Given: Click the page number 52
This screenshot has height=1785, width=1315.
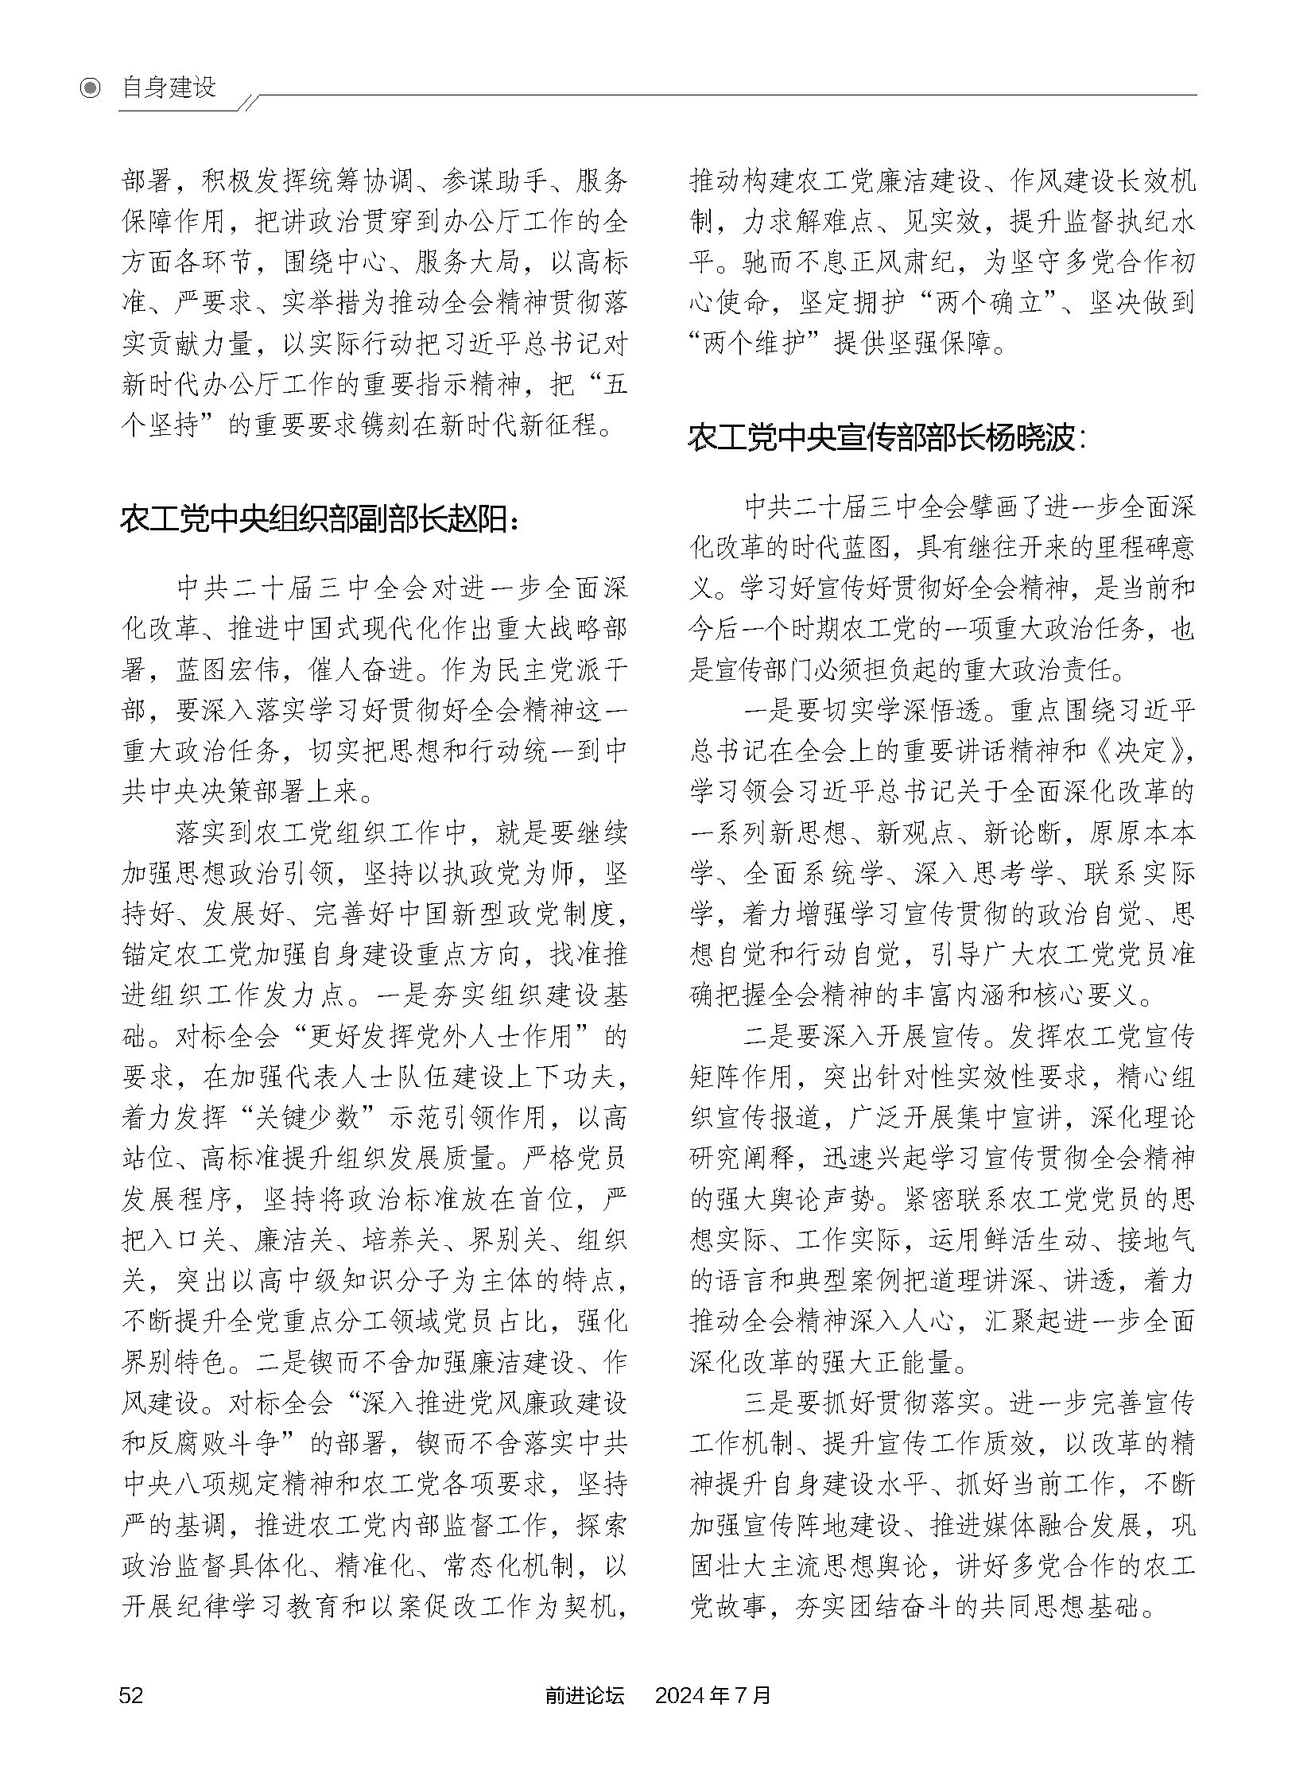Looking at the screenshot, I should [130, 1717].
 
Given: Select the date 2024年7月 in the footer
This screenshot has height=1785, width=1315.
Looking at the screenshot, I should [712, 1717].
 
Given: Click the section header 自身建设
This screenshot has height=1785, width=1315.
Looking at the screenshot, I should [169, 87].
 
